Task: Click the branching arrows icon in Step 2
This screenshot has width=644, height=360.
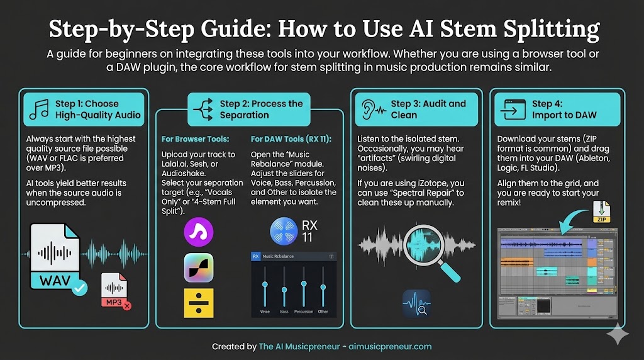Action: (204, 109)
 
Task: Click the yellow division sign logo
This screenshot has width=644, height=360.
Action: (199, 303)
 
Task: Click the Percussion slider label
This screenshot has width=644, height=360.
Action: (304, 312)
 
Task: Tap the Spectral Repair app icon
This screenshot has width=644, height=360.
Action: (416, 303)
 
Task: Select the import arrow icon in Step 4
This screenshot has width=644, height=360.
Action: (512, 110)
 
